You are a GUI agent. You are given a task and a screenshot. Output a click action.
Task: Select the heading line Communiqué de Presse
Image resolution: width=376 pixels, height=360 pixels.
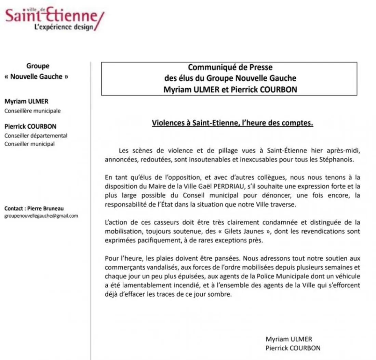(x=230, y=67)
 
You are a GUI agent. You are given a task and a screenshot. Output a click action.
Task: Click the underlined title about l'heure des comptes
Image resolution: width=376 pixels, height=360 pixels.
(x=232, y=123)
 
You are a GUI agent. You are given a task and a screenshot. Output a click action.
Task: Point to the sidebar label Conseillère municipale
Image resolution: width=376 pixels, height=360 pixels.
(x=32, y=111)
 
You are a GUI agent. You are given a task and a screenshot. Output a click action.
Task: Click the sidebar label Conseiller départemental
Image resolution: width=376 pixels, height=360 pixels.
(x=36, y=136)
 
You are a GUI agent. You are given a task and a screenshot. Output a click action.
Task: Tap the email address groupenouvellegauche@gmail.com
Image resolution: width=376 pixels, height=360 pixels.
(x=41, y=216)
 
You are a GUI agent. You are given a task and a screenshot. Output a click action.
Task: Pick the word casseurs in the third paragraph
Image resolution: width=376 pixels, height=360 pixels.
(x=150, y=222)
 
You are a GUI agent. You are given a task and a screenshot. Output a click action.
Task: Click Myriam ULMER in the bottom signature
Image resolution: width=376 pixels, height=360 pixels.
(x=289, y=339)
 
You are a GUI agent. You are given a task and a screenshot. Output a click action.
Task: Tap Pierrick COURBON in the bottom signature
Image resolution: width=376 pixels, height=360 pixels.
(x=293, y=348)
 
